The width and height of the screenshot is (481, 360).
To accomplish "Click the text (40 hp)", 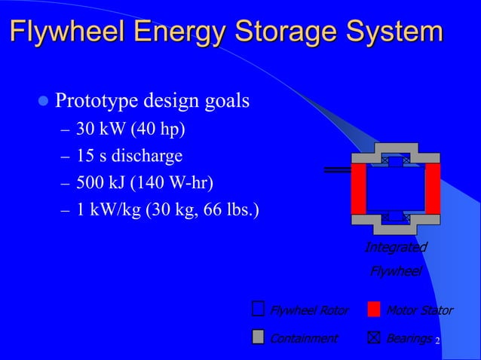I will click(x=158, y=130).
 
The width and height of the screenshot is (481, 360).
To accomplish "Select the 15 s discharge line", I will click(x=129, y=157).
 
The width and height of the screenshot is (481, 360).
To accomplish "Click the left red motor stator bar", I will click(x=358, y=188).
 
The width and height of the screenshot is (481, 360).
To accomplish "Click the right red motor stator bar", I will click(x=433, y=188).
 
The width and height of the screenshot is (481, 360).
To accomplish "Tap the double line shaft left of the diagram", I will click(x=337, y=170).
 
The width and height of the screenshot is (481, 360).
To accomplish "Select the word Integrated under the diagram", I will click(x=395, y=248).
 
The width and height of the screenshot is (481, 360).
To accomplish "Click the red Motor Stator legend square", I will click(x=374, y=310).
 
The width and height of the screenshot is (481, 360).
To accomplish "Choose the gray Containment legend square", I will click(x=259, y=337).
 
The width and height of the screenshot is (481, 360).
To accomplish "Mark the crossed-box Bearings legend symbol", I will click(x=374, y=337).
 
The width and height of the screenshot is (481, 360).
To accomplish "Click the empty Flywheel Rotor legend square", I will click(x=259, y=310).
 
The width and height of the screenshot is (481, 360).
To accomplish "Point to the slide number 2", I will click(x=437, y=342).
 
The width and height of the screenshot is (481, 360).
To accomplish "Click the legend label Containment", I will click(x=303, y=338).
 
